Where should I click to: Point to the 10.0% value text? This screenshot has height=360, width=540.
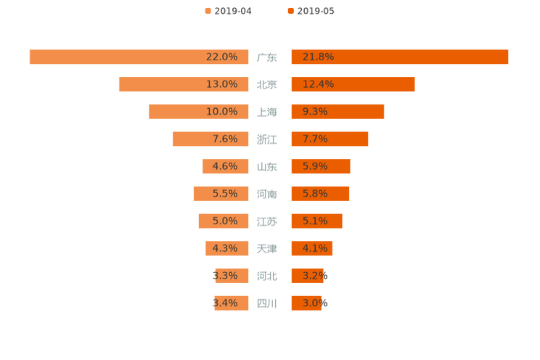[x=221, y=112]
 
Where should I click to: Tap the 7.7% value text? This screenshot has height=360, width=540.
[x=315, y=139]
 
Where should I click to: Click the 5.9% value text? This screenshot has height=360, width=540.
[x=315, y=166]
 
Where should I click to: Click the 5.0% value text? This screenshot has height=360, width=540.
[x=224, y=221]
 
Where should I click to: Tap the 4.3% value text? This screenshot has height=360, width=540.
[x=224, y=248]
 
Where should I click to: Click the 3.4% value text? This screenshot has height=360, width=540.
[x=224, y=303]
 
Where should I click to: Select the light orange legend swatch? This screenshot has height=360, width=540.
[x=208, y=11]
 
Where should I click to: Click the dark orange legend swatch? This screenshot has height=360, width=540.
[x=291, y=11]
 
